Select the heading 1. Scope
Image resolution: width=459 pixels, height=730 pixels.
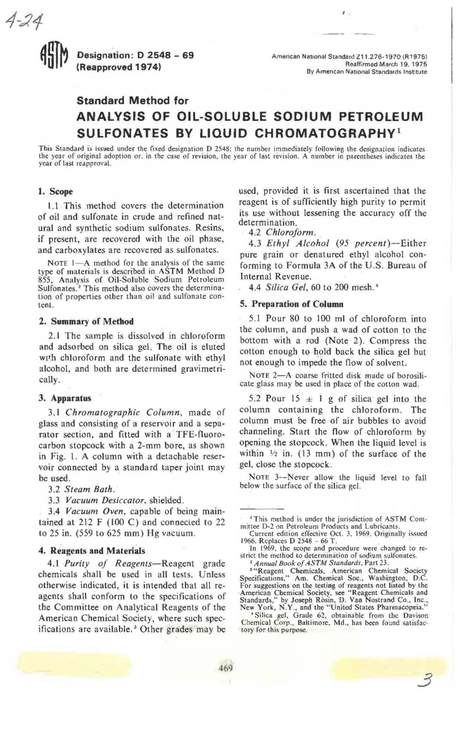(55, 191)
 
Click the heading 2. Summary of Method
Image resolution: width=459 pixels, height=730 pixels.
(86, 321)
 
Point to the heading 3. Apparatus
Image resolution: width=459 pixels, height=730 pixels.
(64, 399)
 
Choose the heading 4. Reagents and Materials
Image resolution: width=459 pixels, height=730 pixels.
(91, 550)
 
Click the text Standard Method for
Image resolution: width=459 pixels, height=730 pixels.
(132, 101)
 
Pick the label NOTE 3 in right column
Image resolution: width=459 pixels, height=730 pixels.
(264, 478)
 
